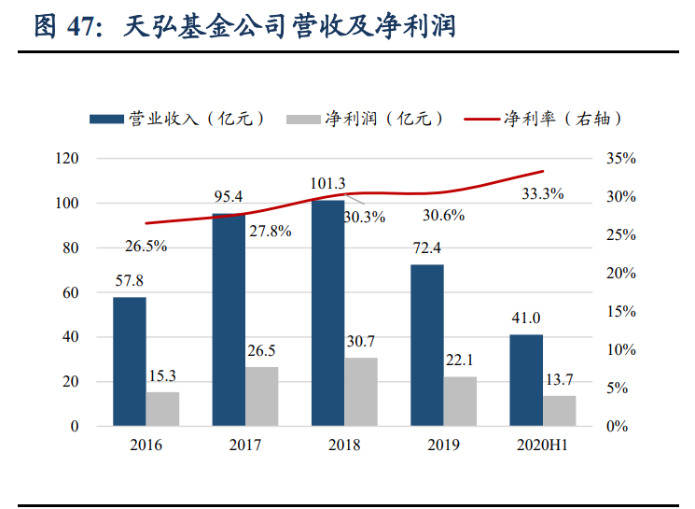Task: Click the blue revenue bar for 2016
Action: point(129,361)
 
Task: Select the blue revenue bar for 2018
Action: point(327,313)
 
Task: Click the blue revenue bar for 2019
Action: point(427,345)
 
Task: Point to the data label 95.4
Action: point(229,197)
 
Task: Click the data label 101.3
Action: point(327,183)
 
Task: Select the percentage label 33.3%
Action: point(542,194)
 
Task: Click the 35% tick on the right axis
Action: point(620,159)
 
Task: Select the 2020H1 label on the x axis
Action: point(543,445)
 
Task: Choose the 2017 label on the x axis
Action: point(245,445)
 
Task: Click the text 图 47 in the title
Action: point(63,25)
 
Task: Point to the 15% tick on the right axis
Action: point(620,312)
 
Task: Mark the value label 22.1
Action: point(461,361)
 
